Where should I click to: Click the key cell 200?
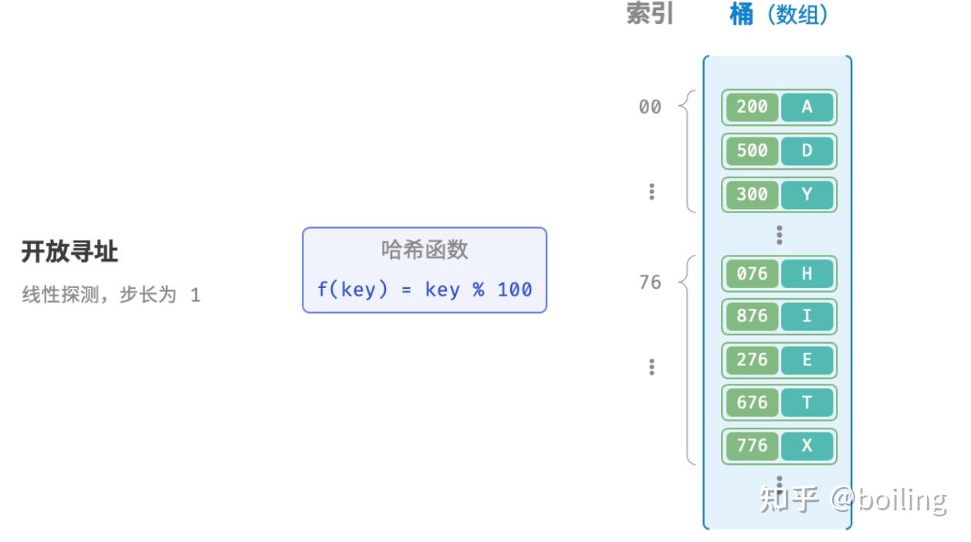point(752,107)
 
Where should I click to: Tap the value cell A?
point(807,107)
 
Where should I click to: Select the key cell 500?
point(752,151)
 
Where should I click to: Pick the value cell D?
point(807,151)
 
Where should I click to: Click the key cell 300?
point(752,194)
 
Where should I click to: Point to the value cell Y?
point(807,194)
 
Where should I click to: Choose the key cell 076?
point(752,274)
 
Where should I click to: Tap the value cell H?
point(807,274)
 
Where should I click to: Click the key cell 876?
point(752,317)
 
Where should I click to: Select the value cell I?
point(807,317)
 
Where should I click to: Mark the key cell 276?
point(752,360)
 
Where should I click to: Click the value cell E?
point(807,360)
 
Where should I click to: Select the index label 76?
point(650,283)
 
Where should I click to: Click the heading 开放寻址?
point(69,252)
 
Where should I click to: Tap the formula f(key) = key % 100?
point(425,290)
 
